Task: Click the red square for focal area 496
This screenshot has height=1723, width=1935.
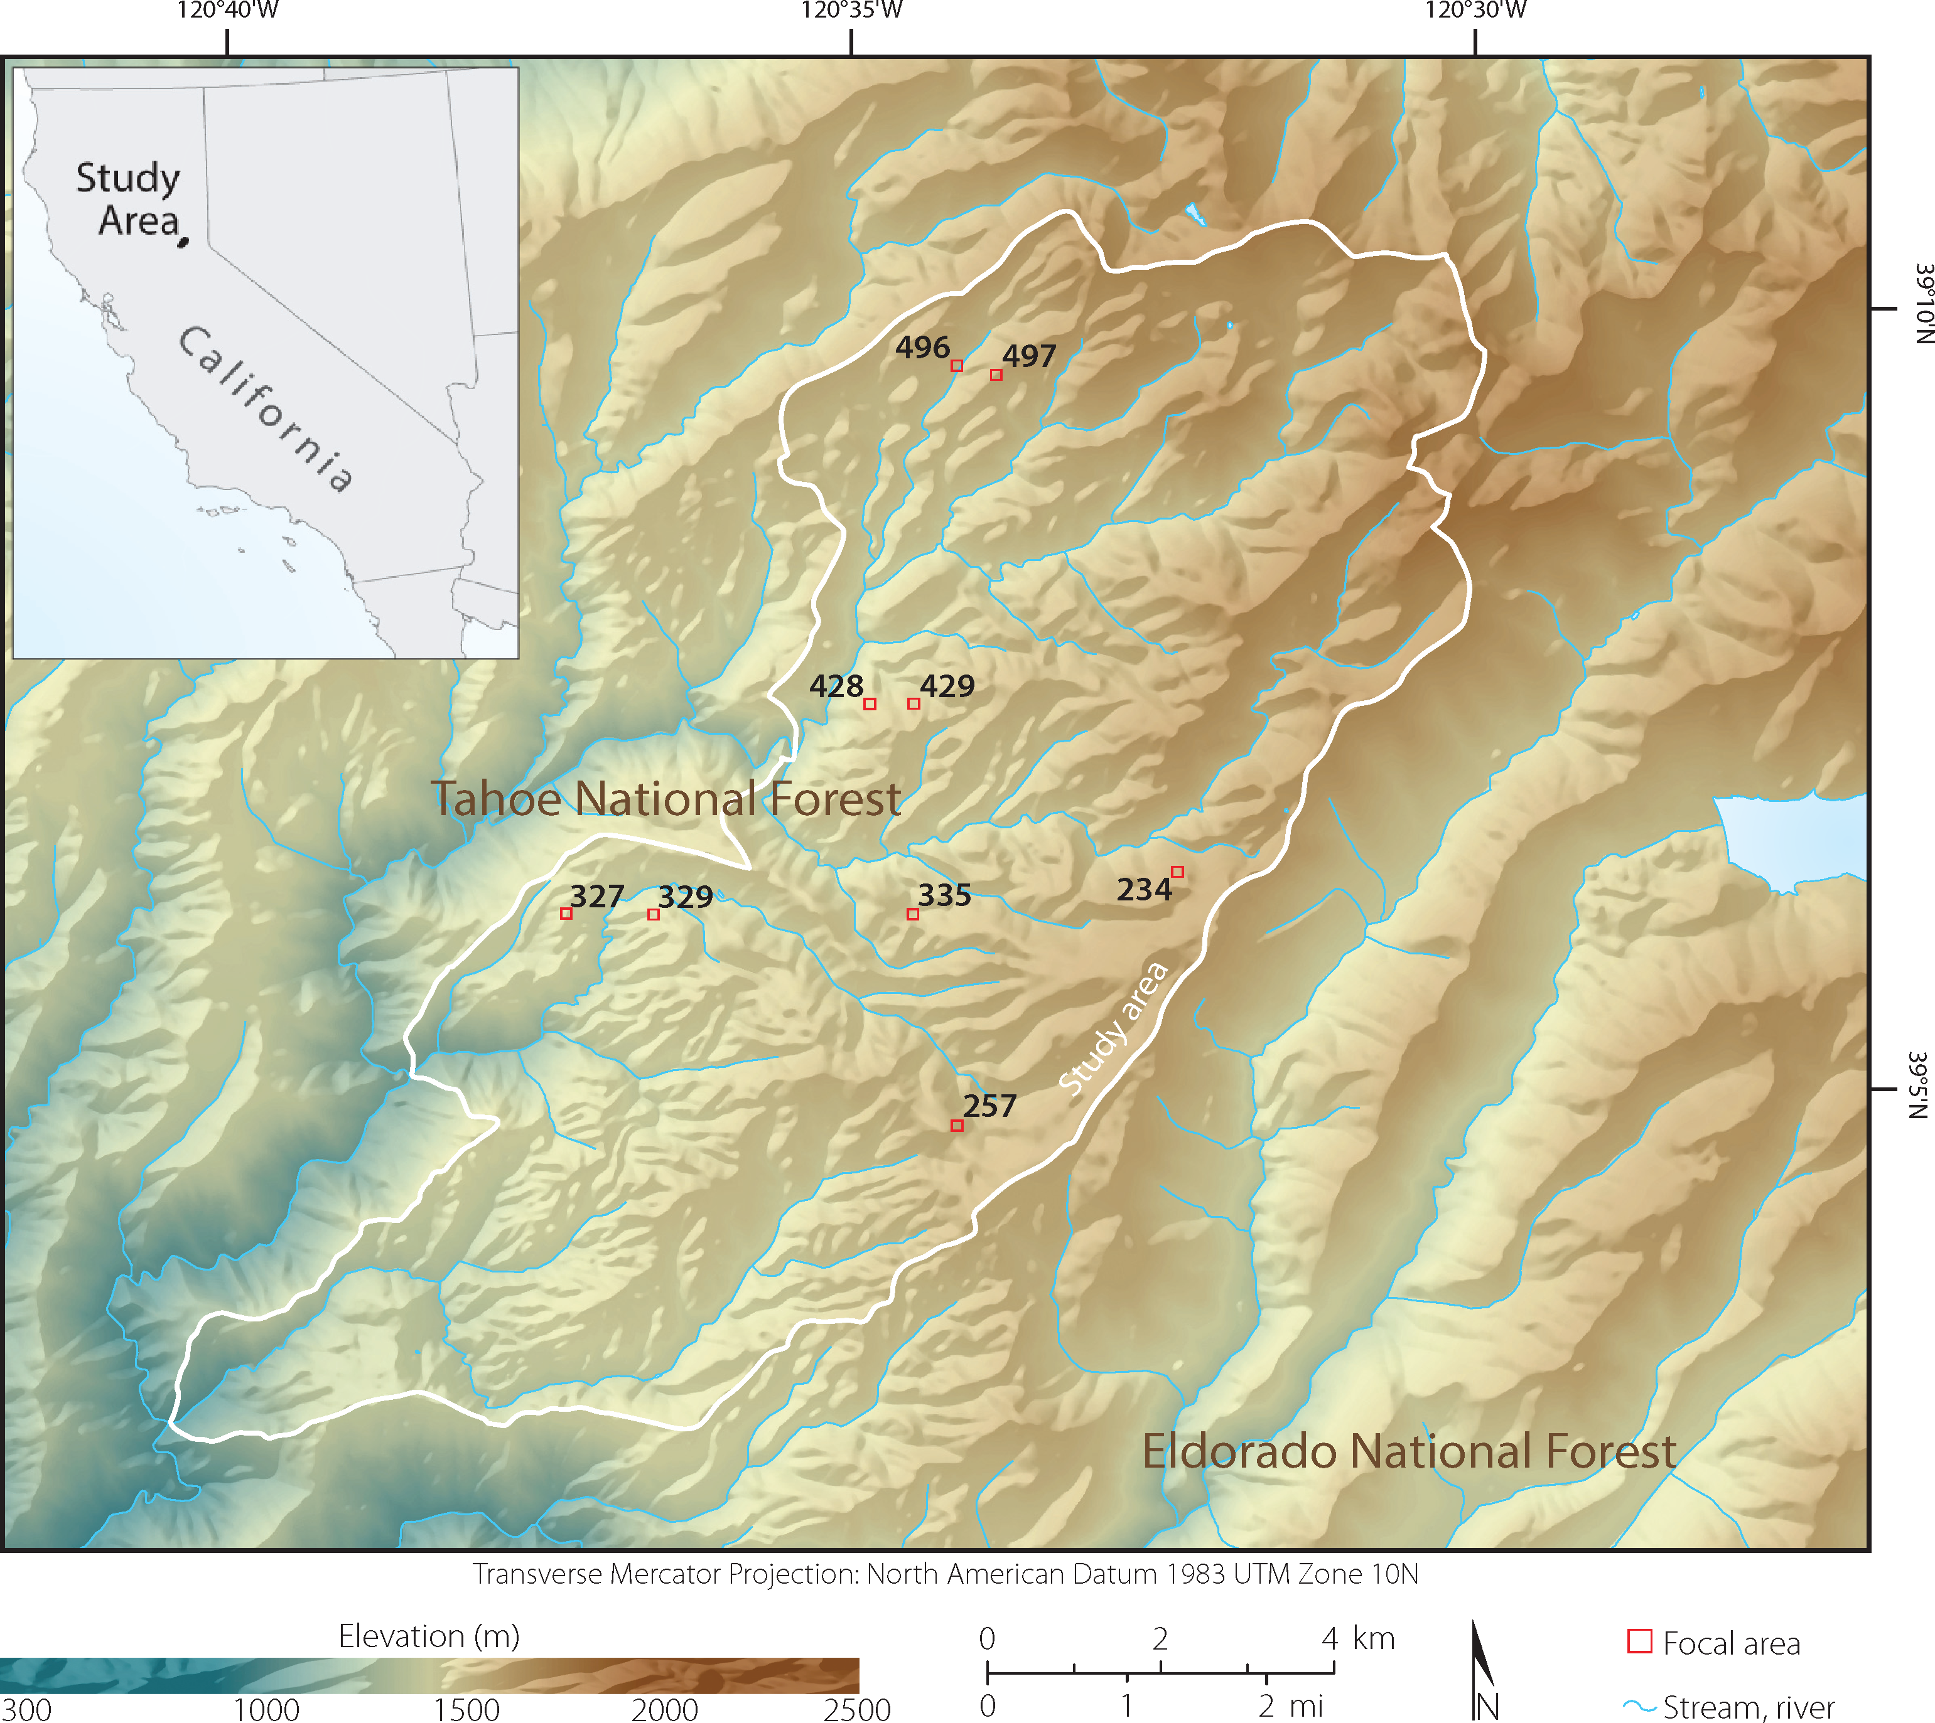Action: (x=957, y=365)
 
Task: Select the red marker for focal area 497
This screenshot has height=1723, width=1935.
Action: (x=996, y=375)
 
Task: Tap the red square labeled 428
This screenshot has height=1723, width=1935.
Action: (x=870, y=703)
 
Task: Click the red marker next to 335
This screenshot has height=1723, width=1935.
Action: (x=912, y=914)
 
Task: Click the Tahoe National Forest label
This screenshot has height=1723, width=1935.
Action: (x=665, y=799)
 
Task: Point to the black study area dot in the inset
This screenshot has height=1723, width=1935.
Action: (x=183, y=242)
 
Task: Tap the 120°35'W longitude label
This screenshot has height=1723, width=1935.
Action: (x=851, y=11)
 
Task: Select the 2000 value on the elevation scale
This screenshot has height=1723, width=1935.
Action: (x=664, y=1708)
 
